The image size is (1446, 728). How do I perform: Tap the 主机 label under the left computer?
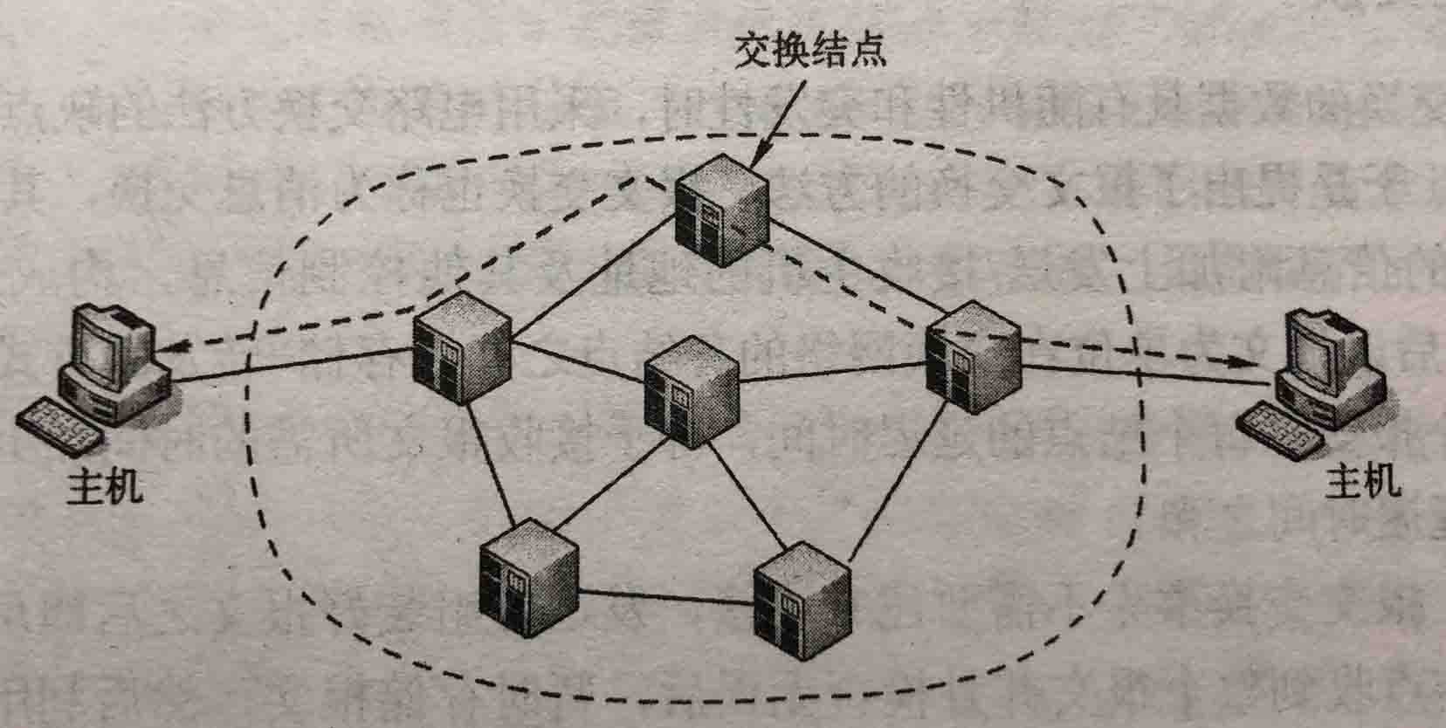[x=105, y=487]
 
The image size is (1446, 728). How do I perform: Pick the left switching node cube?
[x=461, y=347]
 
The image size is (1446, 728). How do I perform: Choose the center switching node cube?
[x=690, y=394]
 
